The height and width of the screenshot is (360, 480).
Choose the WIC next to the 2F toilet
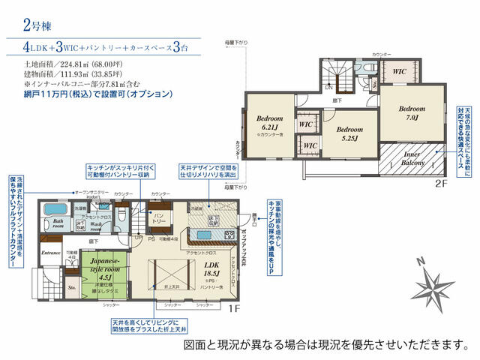(x=397, y=72)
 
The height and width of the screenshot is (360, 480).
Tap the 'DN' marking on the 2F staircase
(x=328, y=86)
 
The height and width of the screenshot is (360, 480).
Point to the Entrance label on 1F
(x=50, y=253)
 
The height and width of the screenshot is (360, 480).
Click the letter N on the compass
(x=421, y=261)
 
